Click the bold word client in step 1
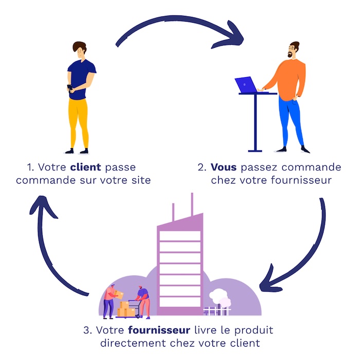point(85,167)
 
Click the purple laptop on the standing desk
point(246,84)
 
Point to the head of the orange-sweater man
point(294,50)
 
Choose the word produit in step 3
point(255,329)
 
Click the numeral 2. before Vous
point(202,167)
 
